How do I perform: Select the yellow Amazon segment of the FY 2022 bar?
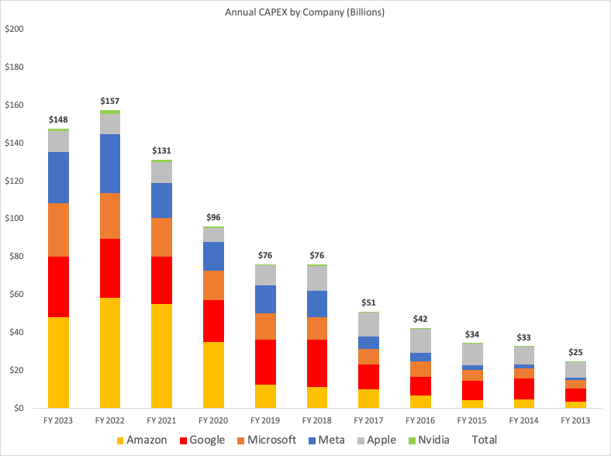[110, 353]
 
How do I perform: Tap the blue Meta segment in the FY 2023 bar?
[58, 178]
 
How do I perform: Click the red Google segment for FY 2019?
[265, 362]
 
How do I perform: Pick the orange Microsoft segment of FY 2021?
[162, 237]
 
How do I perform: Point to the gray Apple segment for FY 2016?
[420, 340]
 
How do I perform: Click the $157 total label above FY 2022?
[110, 102]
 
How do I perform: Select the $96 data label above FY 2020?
[213, 218]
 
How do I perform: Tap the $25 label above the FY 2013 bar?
[575, 353]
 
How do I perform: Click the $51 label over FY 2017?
[368, 303]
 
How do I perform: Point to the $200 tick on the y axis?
[15, 29]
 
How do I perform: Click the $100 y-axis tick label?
[15, 219]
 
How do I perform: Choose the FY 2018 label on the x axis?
[316, 420]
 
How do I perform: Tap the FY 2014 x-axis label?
[523, 420]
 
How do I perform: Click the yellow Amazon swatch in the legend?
[119, 440]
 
